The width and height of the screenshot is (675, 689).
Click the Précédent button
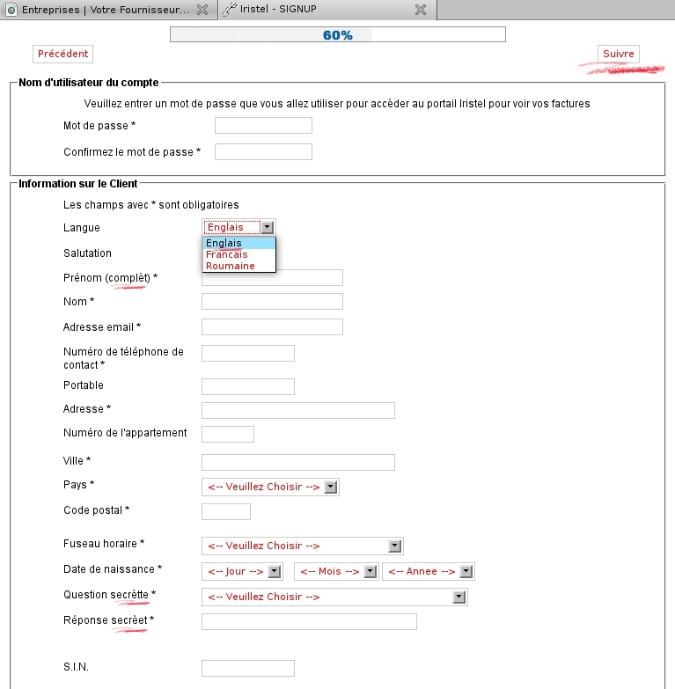[x=62, y=54]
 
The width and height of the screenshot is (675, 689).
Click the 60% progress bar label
[x=337, y=35]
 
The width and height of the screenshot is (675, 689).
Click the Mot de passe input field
[x=263, y=125]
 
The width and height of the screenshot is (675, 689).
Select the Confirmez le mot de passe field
[x=263, y=151]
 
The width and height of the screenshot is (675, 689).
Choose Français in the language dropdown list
[x=227, y=254]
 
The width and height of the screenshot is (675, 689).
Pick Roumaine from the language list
[x=231, y=266]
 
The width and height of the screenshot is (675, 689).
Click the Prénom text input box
[x=272, y=277]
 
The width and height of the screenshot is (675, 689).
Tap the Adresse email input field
[x=272, y=327]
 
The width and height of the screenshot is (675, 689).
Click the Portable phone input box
[x=247, y=386]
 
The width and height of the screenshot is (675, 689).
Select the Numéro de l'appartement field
[x=227, y=434]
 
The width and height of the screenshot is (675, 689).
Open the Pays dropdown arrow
[x=330, y=487]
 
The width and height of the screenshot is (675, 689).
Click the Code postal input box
[x=225, y=511]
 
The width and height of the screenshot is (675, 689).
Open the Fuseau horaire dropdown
[x=302, y=546]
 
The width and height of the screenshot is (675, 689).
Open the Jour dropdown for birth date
[x=242, y=571]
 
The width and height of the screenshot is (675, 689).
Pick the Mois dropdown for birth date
[x=336, y=571]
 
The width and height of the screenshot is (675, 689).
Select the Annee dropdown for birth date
[x=429, y=571]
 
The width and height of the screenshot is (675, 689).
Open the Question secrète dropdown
[x=334, y=597]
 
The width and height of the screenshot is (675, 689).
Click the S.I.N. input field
[x=247, y=668]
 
